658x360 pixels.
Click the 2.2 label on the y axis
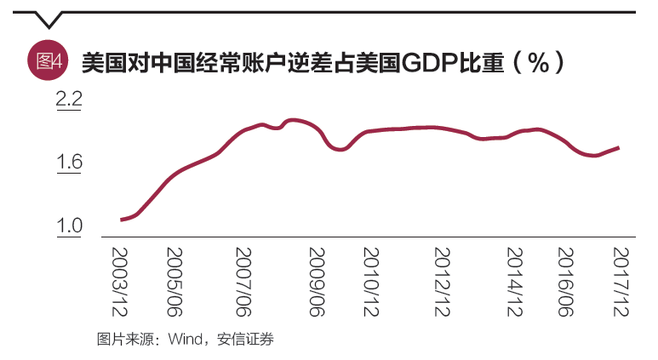click(68, 100)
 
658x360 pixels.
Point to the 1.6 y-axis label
click(68, 163)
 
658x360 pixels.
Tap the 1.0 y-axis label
click(68, 226)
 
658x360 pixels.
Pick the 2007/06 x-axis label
click(245, 280)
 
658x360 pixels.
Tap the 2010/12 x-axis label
click(371, 280)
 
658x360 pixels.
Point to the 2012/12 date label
click(443, 280)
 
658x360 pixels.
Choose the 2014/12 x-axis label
click(514, 280)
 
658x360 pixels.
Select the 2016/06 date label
click(566, 280)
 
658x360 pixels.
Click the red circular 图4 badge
click(47, 60)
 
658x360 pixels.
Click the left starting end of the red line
click(122, 220)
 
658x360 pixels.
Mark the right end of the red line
click(619, 147)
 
